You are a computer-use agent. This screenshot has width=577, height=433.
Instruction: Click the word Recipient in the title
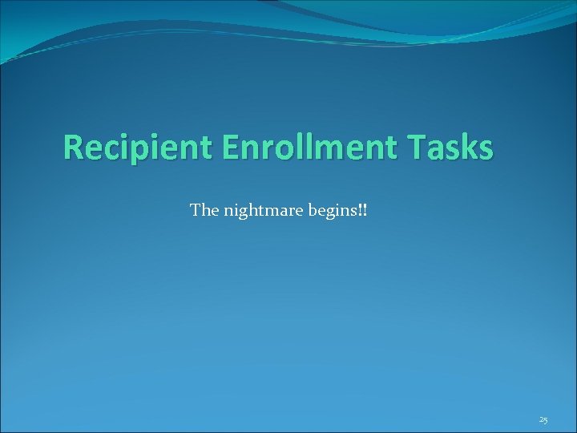[x=135, y=148]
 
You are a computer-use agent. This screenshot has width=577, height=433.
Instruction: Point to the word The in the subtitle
[x=203, y=211]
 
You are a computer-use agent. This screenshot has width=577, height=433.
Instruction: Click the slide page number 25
[x=543, y=419]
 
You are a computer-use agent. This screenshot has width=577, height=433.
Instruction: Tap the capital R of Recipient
[x=73, y=148]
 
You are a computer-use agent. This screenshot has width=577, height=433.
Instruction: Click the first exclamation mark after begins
[x=361, y=211]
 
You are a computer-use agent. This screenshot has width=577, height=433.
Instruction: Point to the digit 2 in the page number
[x=541, y=419]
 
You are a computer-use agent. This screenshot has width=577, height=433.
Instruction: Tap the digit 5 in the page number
[x=546, y=420]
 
